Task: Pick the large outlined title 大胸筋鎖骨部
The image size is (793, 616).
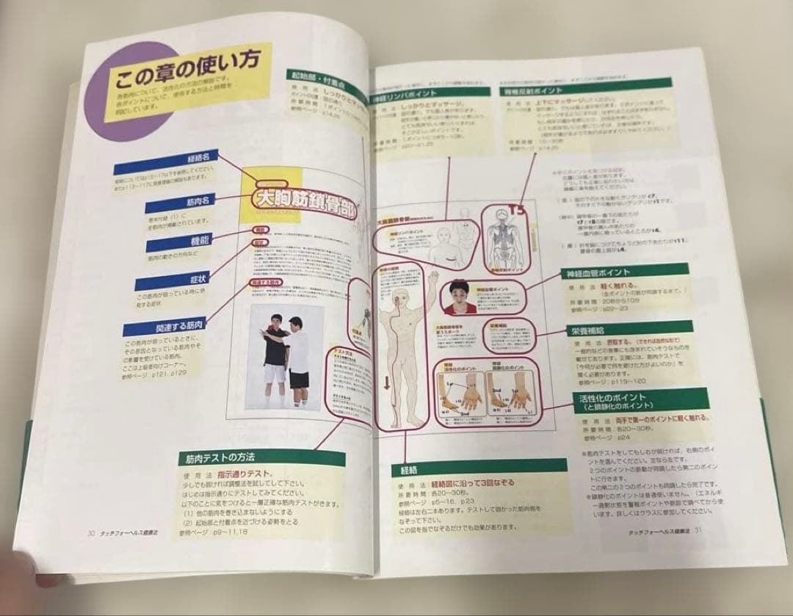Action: coord(303,199)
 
